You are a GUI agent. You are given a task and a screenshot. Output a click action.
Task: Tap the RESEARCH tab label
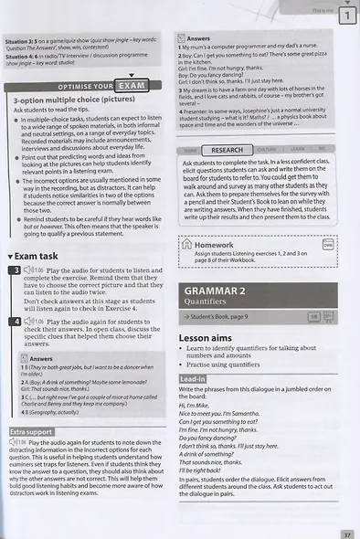(227, 150)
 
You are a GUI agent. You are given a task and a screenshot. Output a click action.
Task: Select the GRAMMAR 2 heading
(209, 291)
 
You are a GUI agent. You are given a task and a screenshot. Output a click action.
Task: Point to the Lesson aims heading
(206, 337)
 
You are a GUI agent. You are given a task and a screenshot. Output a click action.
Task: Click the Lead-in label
(192, 377)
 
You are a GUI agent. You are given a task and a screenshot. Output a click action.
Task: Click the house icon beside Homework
(187, 245)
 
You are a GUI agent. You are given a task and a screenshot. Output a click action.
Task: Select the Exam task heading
(37, 257)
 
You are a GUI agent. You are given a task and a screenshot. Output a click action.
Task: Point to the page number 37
(346, 534)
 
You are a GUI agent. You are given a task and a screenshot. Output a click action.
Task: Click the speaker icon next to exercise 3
(27, 271)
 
